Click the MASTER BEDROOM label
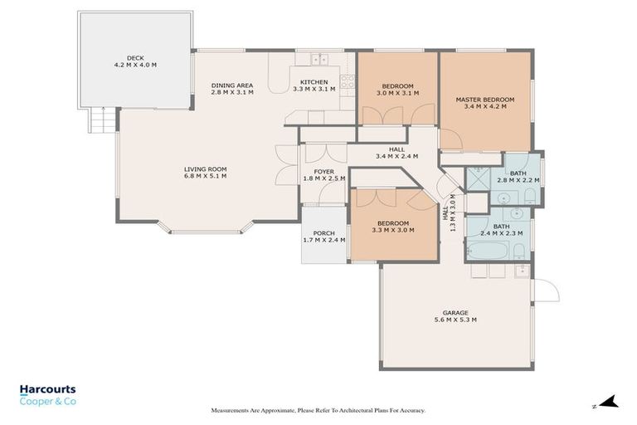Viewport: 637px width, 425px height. click(x=484, y=100)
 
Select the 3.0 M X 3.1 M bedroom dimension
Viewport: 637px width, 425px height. click(x=397, y=94)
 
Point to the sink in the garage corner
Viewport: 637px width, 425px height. click(x=521, y=271)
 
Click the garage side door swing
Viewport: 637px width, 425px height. click(x=544, y=291)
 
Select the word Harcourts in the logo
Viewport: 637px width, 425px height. click(x=47, y=389)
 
